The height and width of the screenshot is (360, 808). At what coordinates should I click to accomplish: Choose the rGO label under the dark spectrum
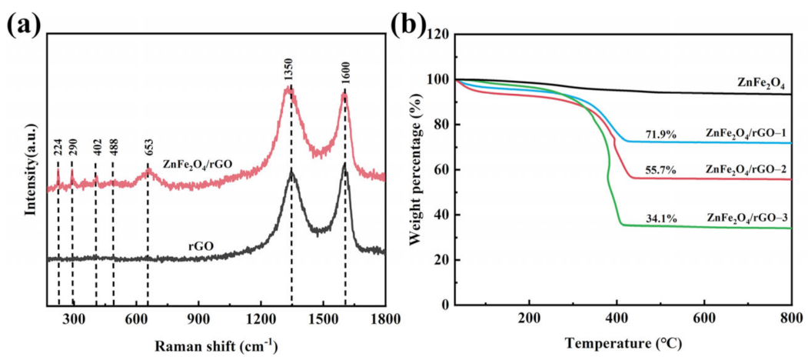coord(201,246)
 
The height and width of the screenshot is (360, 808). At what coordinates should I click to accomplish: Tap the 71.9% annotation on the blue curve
coord(660,135)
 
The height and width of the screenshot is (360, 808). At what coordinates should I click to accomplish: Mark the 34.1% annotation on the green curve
coord(660,219)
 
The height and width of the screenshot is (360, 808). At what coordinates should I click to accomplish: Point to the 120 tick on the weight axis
coord(437,35)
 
